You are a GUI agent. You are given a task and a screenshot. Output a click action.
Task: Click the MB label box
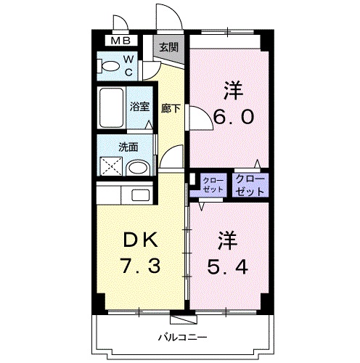pos(121,41)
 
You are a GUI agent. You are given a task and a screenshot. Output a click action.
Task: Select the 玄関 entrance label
pos(168,47)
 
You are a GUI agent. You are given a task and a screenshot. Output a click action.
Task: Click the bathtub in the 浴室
pos(111,107)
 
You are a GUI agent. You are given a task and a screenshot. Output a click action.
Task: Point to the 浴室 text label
pos(140,107)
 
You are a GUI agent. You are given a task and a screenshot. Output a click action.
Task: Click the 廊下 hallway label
pos(171,108)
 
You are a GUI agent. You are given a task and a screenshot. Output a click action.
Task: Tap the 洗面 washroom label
pos(128,147)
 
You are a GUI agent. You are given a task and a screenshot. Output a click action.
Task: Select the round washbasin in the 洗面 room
pos(137,168)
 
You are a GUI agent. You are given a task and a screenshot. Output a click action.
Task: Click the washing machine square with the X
pos(111,166)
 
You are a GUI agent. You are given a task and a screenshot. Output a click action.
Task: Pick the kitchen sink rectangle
pos(140,195)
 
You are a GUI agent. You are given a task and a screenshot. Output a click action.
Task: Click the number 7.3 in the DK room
pos(141,266)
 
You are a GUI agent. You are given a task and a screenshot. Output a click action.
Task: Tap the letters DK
pos(140,240)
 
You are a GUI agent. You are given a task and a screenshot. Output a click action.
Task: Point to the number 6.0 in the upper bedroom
pos(234,116)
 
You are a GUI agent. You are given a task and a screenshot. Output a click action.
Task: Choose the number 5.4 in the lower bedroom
pos(227,266)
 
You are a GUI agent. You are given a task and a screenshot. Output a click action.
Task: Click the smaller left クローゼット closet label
pos(213,184)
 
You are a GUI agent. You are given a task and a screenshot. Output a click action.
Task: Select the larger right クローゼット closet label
pos(250,185)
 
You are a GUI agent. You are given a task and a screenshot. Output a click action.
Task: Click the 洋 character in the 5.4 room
pos(227,240)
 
